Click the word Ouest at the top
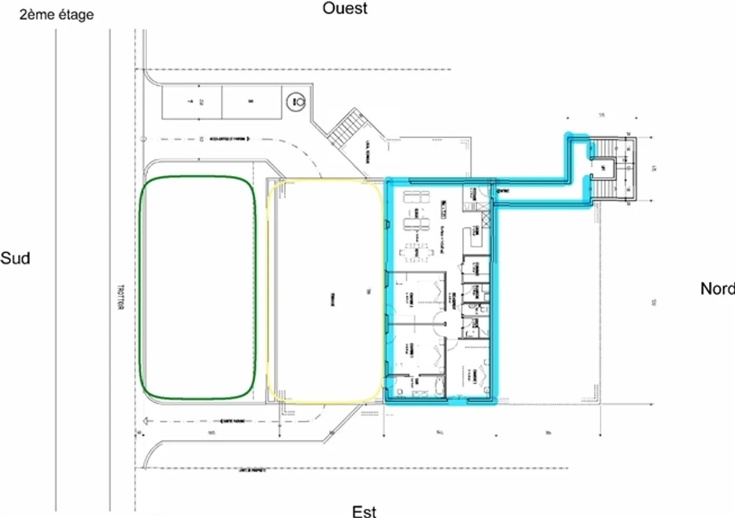point(345,8)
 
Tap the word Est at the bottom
point(364,511)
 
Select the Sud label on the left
point(15,258)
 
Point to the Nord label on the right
point(717,289)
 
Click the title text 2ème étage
point(57,14)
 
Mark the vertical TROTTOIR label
point(121,298)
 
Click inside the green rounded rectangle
point(198,288)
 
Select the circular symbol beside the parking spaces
point(296,102)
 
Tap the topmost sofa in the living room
point(416,197)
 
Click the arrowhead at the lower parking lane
point(146,421)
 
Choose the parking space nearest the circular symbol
point(251,102)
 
